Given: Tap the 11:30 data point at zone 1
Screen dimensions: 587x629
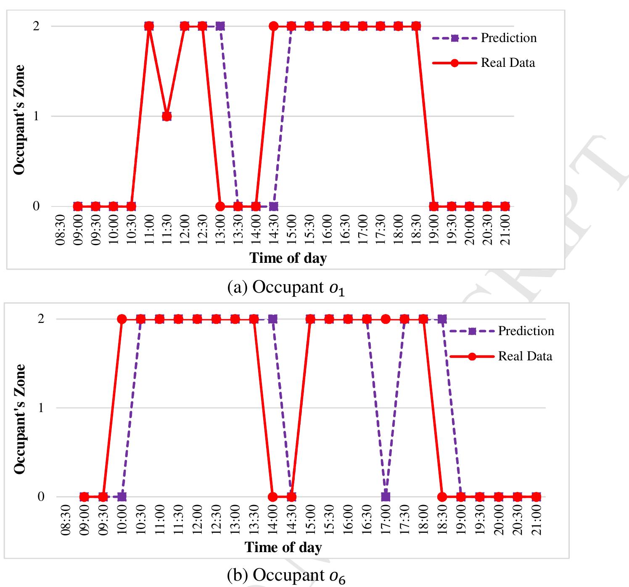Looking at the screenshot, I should (x=167, y=116).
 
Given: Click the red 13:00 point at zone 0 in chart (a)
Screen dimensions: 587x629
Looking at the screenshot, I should (x=220, y=206).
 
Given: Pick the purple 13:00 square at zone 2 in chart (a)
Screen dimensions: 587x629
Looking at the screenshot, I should (x=220, y=26).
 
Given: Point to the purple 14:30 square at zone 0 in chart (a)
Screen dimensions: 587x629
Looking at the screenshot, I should (x=273, y=206).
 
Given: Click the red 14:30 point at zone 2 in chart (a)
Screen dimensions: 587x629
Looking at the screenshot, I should (x=273, y=26).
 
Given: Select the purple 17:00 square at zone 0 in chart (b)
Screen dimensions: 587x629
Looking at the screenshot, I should (x=386, y=497).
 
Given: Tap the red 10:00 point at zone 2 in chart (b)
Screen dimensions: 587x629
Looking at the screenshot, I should (x=122, y=319).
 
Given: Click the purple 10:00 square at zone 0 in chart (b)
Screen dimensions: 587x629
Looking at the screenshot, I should (x=122, y=497).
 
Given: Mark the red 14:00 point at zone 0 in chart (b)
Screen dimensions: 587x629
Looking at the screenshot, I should (x=272, y=497).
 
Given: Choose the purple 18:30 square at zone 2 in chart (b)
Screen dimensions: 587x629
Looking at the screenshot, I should (x=442, y=319).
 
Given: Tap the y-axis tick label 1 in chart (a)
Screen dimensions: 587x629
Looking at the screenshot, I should (x=36, y=116).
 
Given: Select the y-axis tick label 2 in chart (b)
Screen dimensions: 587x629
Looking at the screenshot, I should (x=41, y=319).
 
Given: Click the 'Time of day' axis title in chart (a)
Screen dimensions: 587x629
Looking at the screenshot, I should (x=288, y=258).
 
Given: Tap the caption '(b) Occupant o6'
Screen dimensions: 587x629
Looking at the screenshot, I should (x=286, y=575).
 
